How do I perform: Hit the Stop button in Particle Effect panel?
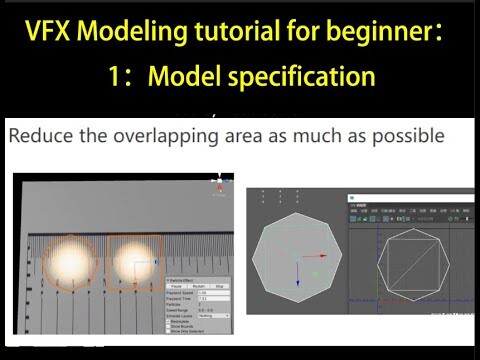218,286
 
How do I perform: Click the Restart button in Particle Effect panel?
198,286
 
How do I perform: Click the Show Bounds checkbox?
171,325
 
